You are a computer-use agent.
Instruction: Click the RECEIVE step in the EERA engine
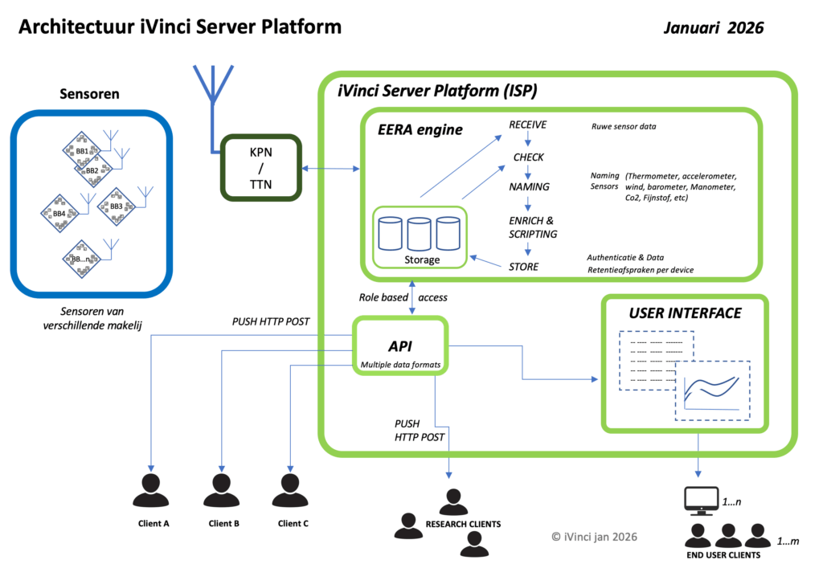527,125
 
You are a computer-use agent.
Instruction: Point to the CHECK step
528,157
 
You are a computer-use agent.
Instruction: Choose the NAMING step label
529,187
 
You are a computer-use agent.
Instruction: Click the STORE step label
523,267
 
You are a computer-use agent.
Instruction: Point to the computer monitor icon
699,501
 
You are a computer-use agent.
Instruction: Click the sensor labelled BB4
59,213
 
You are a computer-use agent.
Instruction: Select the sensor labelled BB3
115,206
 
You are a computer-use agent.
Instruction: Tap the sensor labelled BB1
81,149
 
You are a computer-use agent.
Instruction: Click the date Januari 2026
714,27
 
